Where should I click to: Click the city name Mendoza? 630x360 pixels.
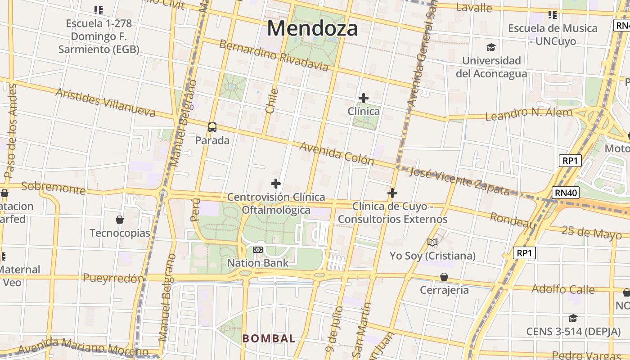(312, 28)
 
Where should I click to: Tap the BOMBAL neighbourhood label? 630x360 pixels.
(269, 338)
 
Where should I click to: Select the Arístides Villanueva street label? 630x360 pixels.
(105, 102)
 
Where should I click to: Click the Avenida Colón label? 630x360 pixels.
(337, 154)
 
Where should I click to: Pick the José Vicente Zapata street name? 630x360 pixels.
(459, 181)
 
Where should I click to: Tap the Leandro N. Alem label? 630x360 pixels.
(529, 114)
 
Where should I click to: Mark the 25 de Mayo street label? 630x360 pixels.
(592, 232)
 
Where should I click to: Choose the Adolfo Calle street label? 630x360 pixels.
(563, 289)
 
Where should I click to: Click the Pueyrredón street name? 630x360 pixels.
(112, 279)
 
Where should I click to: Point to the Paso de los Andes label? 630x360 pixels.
(10, 130)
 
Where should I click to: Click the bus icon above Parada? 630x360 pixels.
(212, 127)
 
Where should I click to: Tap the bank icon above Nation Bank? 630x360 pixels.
(258, 249)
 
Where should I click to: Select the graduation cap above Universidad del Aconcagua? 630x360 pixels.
(491, 47)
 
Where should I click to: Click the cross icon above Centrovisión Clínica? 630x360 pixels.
(276, 184)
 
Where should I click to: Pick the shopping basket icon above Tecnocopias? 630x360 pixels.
(120, 220)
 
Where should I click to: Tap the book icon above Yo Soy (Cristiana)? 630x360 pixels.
(432, 243)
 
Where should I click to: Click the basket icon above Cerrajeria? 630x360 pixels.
(444, 277)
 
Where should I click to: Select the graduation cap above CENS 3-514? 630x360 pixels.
(573, 319)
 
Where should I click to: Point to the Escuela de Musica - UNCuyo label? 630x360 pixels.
(553, 35)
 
